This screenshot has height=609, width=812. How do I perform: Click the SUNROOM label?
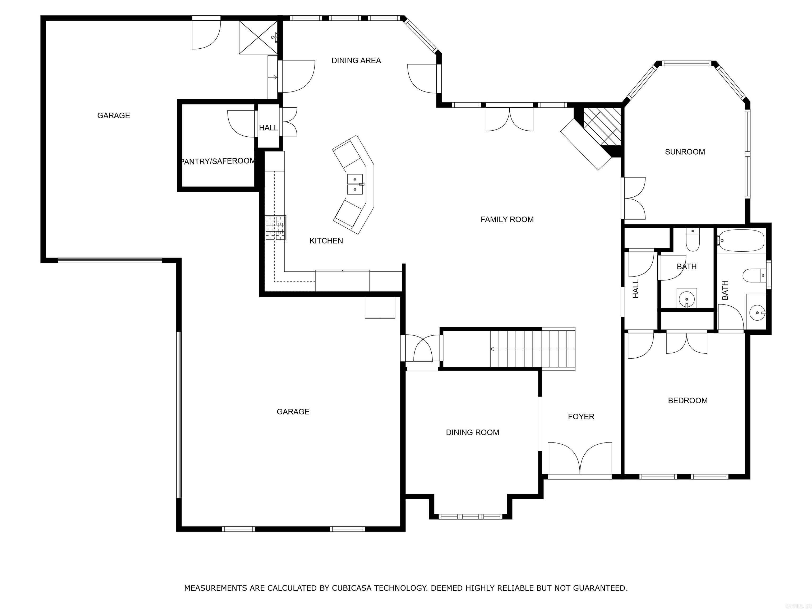(685, 152)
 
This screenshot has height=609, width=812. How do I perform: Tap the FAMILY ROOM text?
(507, 219)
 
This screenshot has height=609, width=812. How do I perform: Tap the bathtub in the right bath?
(741, 241)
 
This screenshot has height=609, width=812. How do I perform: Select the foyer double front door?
(580, 459)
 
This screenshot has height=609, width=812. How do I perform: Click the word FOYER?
(581, 416)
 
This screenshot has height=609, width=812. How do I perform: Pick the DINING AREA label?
(356, 61)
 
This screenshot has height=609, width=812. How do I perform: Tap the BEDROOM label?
(688, 400)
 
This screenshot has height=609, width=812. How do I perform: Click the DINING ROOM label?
(472, 432)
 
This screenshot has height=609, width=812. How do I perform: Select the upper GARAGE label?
(113, 116)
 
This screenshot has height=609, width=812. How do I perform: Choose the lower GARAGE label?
(293, 412)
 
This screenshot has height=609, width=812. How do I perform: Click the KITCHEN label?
(326, 241)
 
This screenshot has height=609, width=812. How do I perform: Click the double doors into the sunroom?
(634, 198)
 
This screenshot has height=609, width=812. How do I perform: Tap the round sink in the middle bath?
(686, 298)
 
